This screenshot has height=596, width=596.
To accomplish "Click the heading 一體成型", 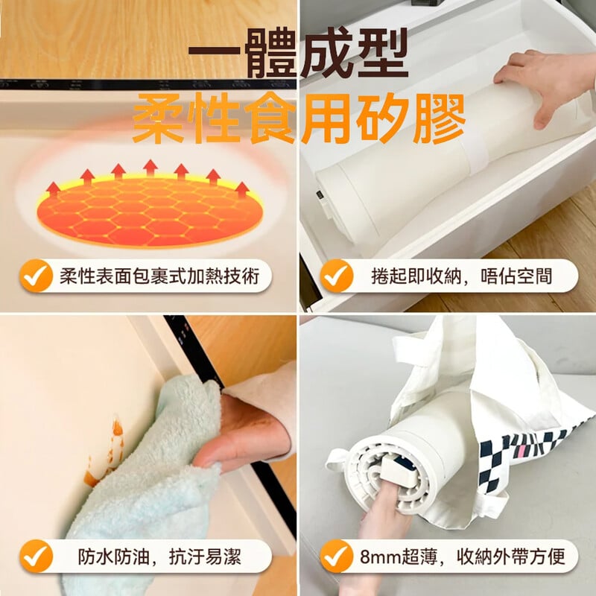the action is (298, 53).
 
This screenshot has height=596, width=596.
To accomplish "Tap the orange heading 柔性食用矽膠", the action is (299, 118).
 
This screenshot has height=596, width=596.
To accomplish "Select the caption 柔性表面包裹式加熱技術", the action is (159, 276).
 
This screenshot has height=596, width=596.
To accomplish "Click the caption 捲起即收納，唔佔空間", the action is (461, 276).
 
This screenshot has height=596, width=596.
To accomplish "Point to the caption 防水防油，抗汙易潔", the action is (159, 557).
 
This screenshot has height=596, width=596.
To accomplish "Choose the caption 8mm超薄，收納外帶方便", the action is (462, 557).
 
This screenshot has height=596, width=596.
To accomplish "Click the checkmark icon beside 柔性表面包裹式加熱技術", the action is (36, 276).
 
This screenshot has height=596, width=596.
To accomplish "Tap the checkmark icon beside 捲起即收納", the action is (337, 276).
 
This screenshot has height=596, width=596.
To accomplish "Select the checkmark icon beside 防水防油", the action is (36, 557).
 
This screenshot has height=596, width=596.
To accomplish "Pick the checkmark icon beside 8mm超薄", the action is (337, 557).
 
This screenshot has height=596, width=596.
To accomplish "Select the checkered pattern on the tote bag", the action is (524, 452).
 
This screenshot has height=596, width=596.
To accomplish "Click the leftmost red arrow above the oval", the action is (53, 190).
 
